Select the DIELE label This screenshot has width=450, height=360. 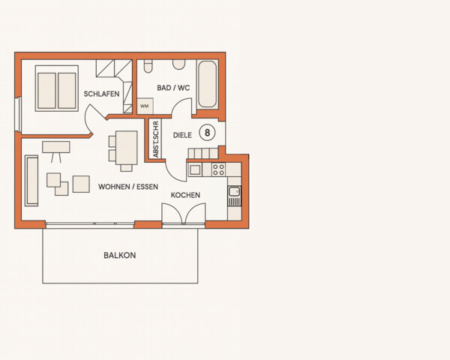(x=182, y=135)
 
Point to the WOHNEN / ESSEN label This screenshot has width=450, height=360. (x=128, y=187)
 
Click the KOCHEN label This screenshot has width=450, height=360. (x=185, y=195)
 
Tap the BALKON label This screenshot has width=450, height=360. (x=120, y=255)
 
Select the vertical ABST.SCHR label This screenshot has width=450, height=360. (x=155, y=139)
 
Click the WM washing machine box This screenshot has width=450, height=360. (x=144, y=106)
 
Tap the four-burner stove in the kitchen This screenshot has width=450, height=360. (x=218, y=169)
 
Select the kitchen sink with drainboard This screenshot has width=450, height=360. (x=234, y=196)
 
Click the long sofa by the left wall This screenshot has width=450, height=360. (x=31, y=180)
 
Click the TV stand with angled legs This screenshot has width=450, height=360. (x=55, y=148)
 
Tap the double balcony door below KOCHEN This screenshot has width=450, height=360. (x=184, y=215)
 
